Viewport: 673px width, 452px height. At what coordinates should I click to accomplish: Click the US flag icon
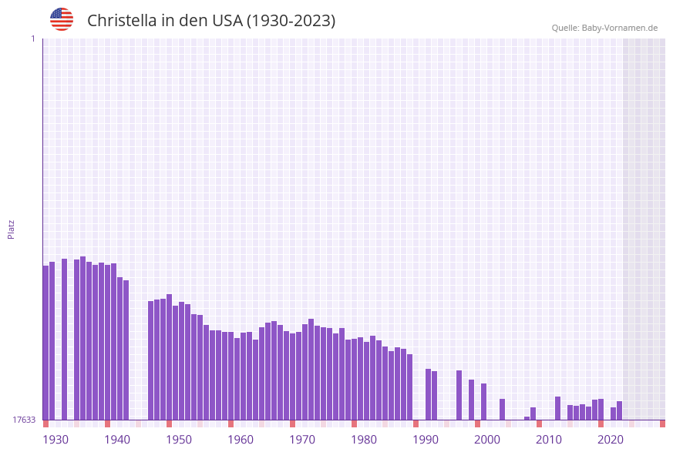tap(62, 19)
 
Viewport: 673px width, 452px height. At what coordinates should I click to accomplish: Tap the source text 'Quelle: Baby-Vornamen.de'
tap(604, 28)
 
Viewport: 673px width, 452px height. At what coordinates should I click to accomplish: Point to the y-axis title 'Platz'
tap(12, 229)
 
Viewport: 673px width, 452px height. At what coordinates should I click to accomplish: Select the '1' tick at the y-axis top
tap(32, 39)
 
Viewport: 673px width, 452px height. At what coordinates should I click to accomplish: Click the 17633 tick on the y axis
tap(23, 420)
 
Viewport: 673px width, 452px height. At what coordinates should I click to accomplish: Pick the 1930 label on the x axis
tap(56, 440)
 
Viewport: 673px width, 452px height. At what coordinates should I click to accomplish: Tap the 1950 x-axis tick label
tap(179, 440)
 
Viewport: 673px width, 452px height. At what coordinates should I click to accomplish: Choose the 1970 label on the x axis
tap(302, 440)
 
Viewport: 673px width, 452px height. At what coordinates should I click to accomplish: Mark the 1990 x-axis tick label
tap(426, 440)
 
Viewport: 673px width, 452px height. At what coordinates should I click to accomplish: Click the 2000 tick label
tap(487, 440)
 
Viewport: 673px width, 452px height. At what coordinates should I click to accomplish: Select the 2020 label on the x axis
tap(611, 440)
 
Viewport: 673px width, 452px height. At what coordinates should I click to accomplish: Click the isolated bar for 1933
tap(64, 339)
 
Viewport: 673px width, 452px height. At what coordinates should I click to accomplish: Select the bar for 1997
tap(459, 395)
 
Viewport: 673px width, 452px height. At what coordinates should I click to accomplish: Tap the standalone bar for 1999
tap(471, 400)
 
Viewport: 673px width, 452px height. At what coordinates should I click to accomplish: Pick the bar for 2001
tap(483, 401)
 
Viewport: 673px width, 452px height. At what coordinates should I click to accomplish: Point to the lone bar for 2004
tap(502, 409)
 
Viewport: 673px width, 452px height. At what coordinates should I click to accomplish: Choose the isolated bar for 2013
tap(557, 408)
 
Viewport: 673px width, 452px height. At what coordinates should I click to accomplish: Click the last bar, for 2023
tap(619, 410)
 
